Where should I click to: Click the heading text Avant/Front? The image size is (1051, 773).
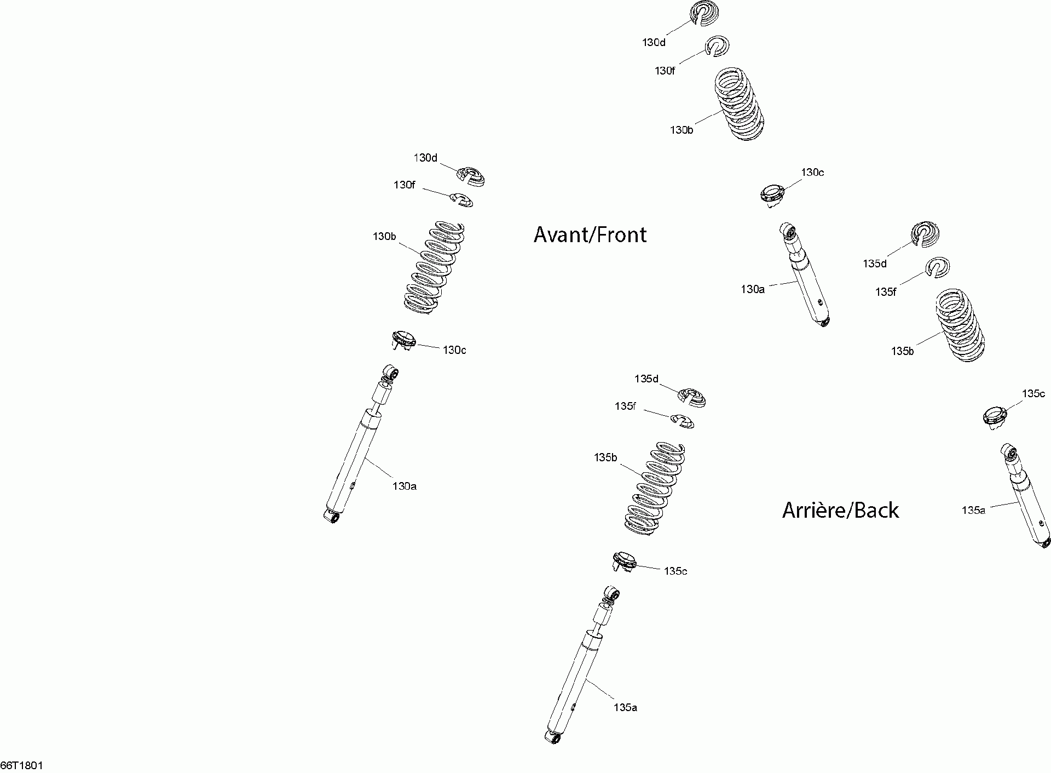click(590, 234)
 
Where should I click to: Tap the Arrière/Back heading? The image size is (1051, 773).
click(840, 510)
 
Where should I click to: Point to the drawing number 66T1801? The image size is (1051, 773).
click(22, 765)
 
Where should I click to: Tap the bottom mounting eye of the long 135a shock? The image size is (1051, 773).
click(552, 737)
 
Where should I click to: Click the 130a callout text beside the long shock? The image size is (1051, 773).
click(404, 486)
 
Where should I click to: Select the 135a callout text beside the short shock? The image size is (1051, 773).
click(973, 510)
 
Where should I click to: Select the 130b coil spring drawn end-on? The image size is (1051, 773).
click(738, 104)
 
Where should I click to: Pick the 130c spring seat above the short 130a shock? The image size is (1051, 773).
click(772, 194)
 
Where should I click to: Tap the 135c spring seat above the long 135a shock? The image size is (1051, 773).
click(624, 561)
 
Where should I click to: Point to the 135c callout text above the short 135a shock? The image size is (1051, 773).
click(1033, 393)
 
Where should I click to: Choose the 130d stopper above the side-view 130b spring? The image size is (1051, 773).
click(471, 176)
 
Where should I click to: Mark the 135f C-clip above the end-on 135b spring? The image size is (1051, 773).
click(938, 267)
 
